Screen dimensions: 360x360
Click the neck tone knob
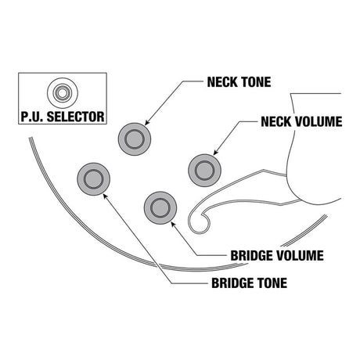click(135, 139)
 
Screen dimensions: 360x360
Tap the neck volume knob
click(205, 171)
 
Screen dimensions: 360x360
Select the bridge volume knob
click(160, 208)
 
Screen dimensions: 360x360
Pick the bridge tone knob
click(93, 179)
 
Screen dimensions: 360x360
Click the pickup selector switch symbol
click(63, 93)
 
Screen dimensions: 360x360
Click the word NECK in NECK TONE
click(222, 82)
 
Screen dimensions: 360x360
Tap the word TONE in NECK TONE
click(255, 82)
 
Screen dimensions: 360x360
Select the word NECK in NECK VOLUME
click(276, 121)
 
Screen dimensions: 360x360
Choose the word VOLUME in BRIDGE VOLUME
click(300, 256)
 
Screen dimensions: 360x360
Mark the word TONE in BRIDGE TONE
click(272, 283)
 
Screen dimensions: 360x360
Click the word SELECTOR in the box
click(76, 117)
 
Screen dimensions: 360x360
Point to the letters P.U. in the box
click(31, 117)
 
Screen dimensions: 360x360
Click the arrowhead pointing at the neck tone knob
click(147, 122)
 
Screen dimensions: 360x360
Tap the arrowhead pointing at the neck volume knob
click(216, 153)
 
